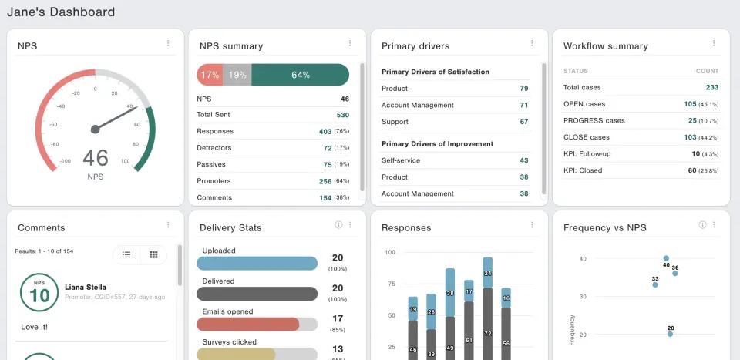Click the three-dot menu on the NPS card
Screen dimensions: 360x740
pos(168,44)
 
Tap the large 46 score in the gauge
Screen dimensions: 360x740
pos(96,157)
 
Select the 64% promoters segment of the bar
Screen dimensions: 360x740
pos(300,75)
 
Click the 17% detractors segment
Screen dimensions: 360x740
pos(210,75)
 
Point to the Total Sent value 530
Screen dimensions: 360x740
pos(342,115)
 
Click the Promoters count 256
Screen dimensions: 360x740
pos(325,181)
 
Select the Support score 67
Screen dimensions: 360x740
pos(523,122)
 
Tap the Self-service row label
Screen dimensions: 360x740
pos(401,160)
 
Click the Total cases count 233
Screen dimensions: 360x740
pos(711,87)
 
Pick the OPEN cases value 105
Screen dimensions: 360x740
pos(690,104)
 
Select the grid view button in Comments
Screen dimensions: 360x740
pos(153,254)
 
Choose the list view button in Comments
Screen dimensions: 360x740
pos(126,254)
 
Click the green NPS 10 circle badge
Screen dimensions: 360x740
pos(39,292)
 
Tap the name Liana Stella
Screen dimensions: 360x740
pos(85,288)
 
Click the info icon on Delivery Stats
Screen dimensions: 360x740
pos(338,225)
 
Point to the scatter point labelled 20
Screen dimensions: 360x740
pos(670,334)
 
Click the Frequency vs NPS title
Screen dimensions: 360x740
pos(605,227)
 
